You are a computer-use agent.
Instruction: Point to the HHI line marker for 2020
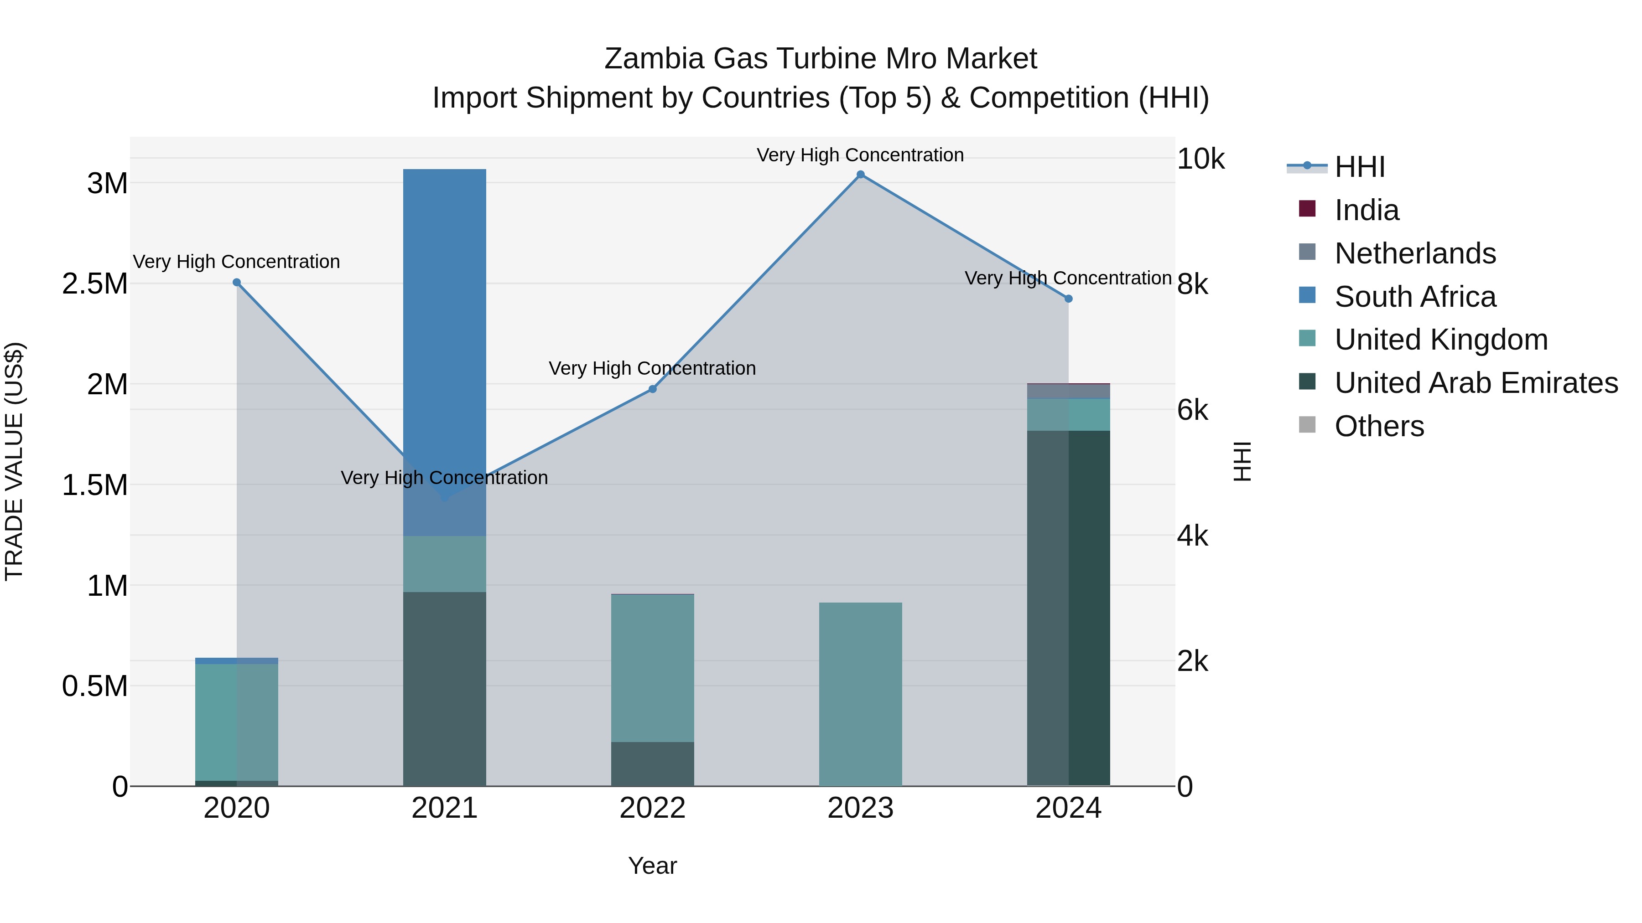point(236,282)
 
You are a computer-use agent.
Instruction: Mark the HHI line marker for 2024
point(1068,299)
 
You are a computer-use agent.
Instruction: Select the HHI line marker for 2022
point(652,388)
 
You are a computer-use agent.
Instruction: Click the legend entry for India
point(1366,210)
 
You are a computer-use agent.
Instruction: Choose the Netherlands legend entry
point(1414,253)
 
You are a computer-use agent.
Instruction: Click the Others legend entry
point(1379,426)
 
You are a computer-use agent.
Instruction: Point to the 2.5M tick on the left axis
point(94,284)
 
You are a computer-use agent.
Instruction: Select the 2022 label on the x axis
point(652,808)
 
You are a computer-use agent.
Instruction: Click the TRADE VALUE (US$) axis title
point(14,461)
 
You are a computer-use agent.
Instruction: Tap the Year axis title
point(652,866)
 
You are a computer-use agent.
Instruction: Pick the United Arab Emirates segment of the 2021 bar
point(444,688)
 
